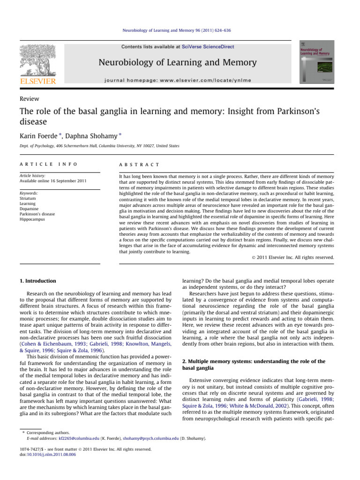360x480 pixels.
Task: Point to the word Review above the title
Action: point(29,98)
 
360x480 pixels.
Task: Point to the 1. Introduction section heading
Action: point(37,281)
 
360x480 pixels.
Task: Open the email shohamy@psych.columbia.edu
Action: point(150,438)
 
